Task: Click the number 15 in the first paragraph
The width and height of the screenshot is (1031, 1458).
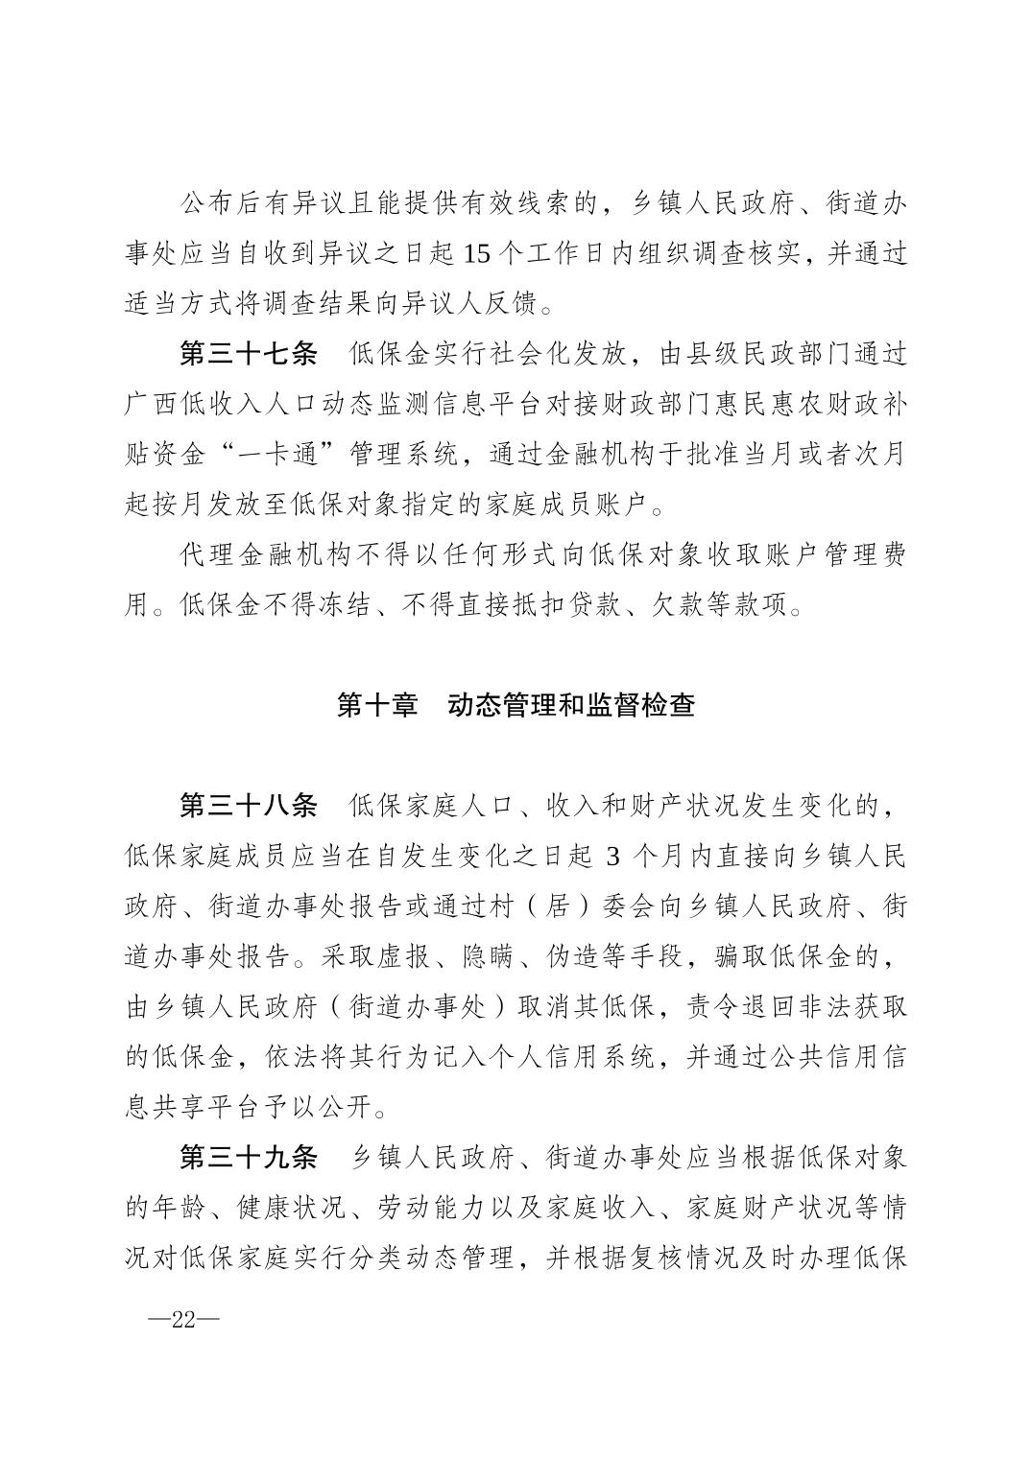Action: coord(476,254)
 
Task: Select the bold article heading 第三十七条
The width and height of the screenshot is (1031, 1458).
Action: coord(248,354)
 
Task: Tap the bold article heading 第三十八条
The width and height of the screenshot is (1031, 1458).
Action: coord(248,805)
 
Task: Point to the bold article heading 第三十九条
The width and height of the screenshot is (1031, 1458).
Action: coord(248,1157)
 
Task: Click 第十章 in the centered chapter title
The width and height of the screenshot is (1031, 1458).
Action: coord(377,705)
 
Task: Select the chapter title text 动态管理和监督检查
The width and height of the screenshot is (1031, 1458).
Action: coord(571,705)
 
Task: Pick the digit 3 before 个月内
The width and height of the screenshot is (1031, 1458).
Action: coord(613,856)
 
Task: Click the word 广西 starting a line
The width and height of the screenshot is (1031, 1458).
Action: coord(152,405)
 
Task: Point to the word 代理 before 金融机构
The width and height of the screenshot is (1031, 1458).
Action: coord(207,555)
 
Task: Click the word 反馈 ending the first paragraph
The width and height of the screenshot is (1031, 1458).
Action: coord(502,304)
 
